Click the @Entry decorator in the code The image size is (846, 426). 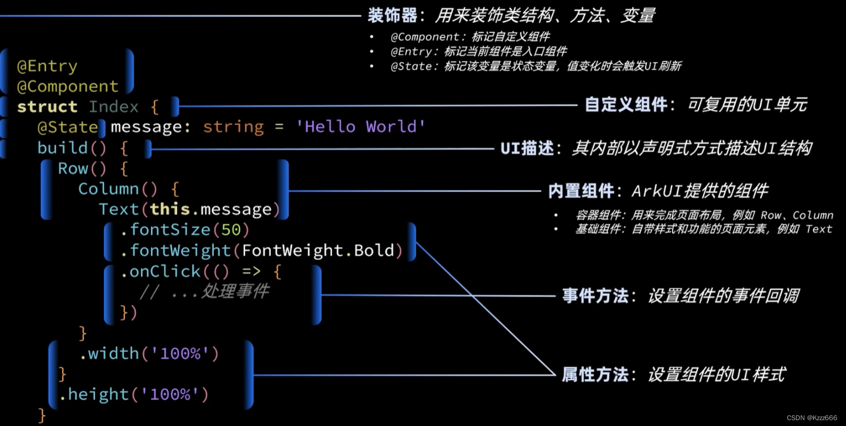pyautogui.click(x=47, y=66)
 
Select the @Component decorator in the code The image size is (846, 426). pyautogui.click(x=68, y=87)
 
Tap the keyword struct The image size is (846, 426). pyautogui.click(x=47, y=107)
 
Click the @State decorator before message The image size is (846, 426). pyautogui.click(x=68, y=128)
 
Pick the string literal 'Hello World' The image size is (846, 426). pyautogui.click(x=361, y=127)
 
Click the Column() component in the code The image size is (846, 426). pyautogui.click(x=118, y=189)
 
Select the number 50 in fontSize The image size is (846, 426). pyautogui.click(x=231, y=230)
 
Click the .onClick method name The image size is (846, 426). pyautogui.click(x=161, y=272)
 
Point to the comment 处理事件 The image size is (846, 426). pyautogui.click(x=235, y=291)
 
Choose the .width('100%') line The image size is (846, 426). pyautogui.click(x=149, y=354)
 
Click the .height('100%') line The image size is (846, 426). pyautogui.click(x=133, y=395)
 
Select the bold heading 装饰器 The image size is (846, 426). pyautogui.click(x=392, y=16)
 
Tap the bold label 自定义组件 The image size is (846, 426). pyautogui.click(x=626, y=105)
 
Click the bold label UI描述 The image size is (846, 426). pyautogui.click(x=527, y=148)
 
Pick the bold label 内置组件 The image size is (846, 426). pyautogui.click(x=581, y=191)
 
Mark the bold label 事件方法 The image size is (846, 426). pyautogui.click(x=596, y=296)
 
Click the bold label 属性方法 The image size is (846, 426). pyautogui.click(x=596, y=375)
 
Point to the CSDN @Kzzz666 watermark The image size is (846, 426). pyautogui.click(x=812, y=418)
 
